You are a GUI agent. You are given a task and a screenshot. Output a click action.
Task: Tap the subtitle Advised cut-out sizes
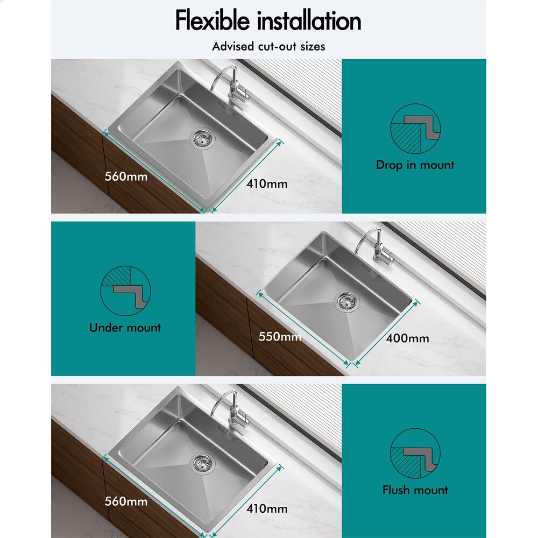tap(268, 46)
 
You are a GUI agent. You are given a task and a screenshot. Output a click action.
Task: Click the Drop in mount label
tap(415, 165)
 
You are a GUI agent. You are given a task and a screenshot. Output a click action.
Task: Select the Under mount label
tap(125, 328)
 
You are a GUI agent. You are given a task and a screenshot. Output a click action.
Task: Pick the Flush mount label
tap(415, 490)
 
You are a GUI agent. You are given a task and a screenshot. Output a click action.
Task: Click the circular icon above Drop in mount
tap(415, 129)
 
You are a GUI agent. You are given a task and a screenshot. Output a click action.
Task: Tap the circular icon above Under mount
tap(125, 291)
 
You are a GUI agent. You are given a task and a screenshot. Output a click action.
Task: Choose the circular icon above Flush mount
tap(415, 454)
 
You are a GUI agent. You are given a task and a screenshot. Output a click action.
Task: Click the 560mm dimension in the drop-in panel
tap(126, 176)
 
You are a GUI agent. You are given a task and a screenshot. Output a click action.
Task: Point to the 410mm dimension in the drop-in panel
tap(267, 184)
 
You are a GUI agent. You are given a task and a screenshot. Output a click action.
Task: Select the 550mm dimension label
tap(279, 337)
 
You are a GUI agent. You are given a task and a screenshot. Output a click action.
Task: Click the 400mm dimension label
tap(407, 338)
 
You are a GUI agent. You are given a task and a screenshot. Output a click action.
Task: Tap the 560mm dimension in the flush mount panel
tap(126, 501)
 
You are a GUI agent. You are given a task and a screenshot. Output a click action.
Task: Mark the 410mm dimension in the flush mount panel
tap(267, 508)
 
